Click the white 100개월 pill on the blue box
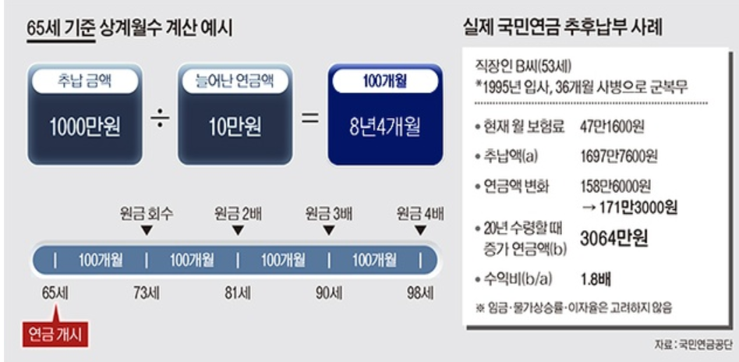(x=384, y=80)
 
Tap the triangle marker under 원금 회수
(x=146, y=230)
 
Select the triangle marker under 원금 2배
(x=238, y=230)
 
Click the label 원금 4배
(x=419, y=212)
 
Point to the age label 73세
(x=146, y=293)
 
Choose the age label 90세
(x=328, y=293)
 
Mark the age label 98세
(x=419, y=293)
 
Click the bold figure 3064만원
(x=615, y=238)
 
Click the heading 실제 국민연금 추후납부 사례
(x=562, y=30)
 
